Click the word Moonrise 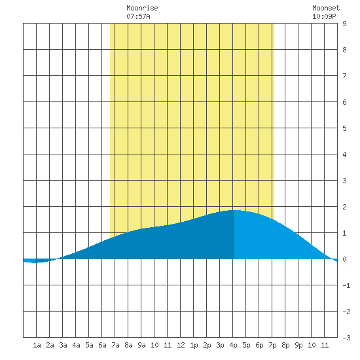(x=142, y=8)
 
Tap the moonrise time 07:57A (x=138, y=16)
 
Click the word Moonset (x=326, y=8)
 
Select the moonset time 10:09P (x=324, y=16)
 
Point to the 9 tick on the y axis (x=344, y=24)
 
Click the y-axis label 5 (x=344, y=128)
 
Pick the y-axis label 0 (x=344, y=259)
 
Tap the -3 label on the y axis (x=346, y=338)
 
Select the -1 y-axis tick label (x=346, y=285)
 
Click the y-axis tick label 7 (x=344, y=76)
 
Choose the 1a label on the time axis (x=37, y=345)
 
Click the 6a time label (x=102, y=345)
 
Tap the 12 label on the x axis (x=181, y=345)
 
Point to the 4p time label (x=233, y=345)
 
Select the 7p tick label (x=272, y=345)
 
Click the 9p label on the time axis (x=298, y=345)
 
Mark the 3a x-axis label (x=63, y=345)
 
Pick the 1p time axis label (x=194, y=345)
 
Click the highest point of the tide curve (x=234, y=210)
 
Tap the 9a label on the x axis (x=141, y=345)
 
